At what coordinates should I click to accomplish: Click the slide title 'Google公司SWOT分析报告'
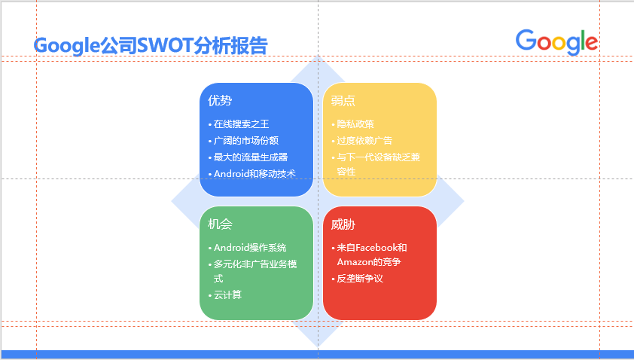(x=151, y=46)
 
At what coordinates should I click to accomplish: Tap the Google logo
(x=556, y=42)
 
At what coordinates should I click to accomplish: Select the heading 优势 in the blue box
(x=220, y=100)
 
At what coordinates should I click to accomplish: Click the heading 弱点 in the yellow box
(x=343, y=100)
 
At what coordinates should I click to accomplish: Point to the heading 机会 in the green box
(x=220, y=224)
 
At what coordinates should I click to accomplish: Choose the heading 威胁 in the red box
(x=343, y=224)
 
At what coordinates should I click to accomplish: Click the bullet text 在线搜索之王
(x=241, y=124)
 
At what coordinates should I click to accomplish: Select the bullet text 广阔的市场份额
(x=245, y=141)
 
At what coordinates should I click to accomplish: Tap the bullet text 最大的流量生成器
(x=250, y=157)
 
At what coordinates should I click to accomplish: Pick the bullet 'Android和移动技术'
(x=255, y=174)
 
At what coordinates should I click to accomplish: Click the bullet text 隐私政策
(x=355, y=124)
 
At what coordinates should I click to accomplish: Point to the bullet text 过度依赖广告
(x=364, y=141)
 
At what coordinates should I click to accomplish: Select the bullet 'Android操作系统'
(x=250, y=248)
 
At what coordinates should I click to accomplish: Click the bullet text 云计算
(x=227, y=294)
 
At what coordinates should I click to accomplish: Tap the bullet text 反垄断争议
(x=360, y=279)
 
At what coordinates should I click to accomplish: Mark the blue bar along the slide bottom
(x=316, y=354)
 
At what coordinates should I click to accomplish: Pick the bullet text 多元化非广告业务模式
(x=255, y=265)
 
